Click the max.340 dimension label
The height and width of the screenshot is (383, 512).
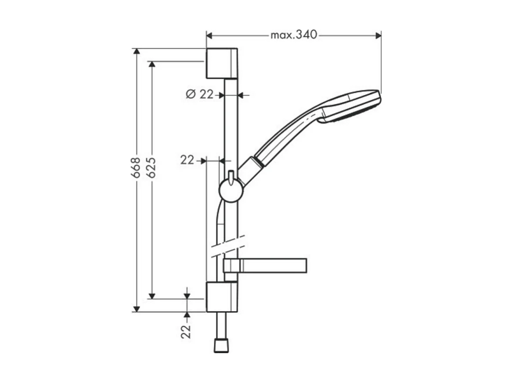293,35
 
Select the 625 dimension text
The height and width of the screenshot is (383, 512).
151,167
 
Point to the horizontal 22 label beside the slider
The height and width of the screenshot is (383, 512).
187,160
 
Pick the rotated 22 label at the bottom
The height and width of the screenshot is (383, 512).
187,331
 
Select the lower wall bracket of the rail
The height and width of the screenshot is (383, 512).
221,297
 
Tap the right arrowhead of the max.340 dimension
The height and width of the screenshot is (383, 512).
378,35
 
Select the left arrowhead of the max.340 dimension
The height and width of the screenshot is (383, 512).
210,35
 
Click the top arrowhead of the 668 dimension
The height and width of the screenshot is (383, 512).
137,52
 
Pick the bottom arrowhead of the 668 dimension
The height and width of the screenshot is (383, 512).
137,309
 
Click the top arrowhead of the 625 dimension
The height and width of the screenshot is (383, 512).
152,64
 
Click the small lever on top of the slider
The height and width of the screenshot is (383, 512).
230,175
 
